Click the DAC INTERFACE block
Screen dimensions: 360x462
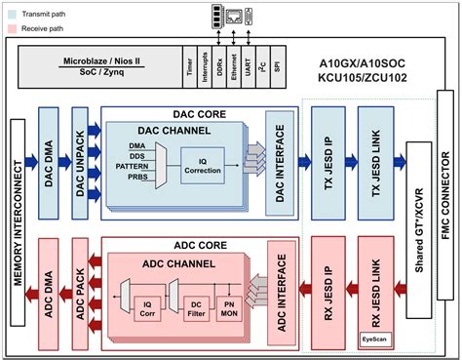click(281, 162)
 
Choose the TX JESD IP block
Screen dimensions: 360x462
click(328, 160)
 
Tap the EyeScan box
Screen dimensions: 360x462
click(375, 339)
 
